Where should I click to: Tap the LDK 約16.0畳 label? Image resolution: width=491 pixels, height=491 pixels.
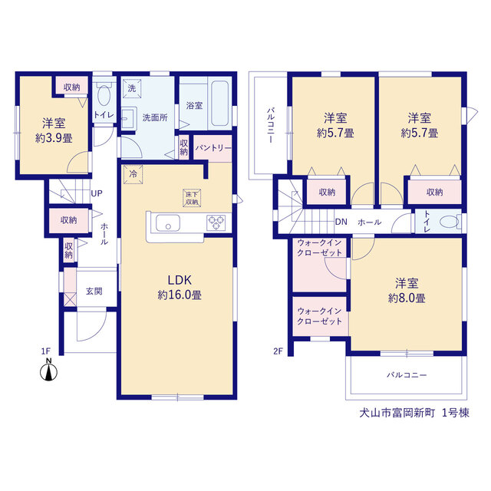180,288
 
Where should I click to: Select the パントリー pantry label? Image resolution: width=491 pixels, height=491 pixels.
213,148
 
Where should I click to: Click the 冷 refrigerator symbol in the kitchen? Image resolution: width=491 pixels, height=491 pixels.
133,174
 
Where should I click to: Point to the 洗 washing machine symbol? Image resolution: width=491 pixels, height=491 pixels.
132,88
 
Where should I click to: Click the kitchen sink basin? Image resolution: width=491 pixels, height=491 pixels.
168,223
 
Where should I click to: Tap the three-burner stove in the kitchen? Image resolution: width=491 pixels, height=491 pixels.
216,222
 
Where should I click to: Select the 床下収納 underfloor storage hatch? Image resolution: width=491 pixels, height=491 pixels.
192,198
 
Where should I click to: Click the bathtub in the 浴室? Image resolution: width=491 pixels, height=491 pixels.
220,104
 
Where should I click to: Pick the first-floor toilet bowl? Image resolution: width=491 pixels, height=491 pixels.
104,94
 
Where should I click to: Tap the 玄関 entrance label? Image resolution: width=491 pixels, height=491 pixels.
94,292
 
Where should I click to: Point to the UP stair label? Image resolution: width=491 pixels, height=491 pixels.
97,193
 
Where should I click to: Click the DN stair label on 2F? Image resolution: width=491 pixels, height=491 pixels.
341,222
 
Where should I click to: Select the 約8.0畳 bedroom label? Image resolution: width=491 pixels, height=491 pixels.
407,298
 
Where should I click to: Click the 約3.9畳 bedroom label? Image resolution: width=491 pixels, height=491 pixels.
54,138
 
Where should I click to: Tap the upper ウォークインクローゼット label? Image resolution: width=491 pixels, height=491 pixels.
319,248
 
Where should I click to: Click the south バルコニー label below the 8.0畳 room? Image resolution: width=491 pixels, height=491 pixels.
407,375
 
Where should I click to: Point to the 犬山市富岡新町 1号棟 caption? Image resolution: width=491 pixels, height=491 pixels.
414,413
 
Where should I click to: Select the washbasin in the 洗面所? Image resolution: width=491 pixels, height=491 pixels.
128,117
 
